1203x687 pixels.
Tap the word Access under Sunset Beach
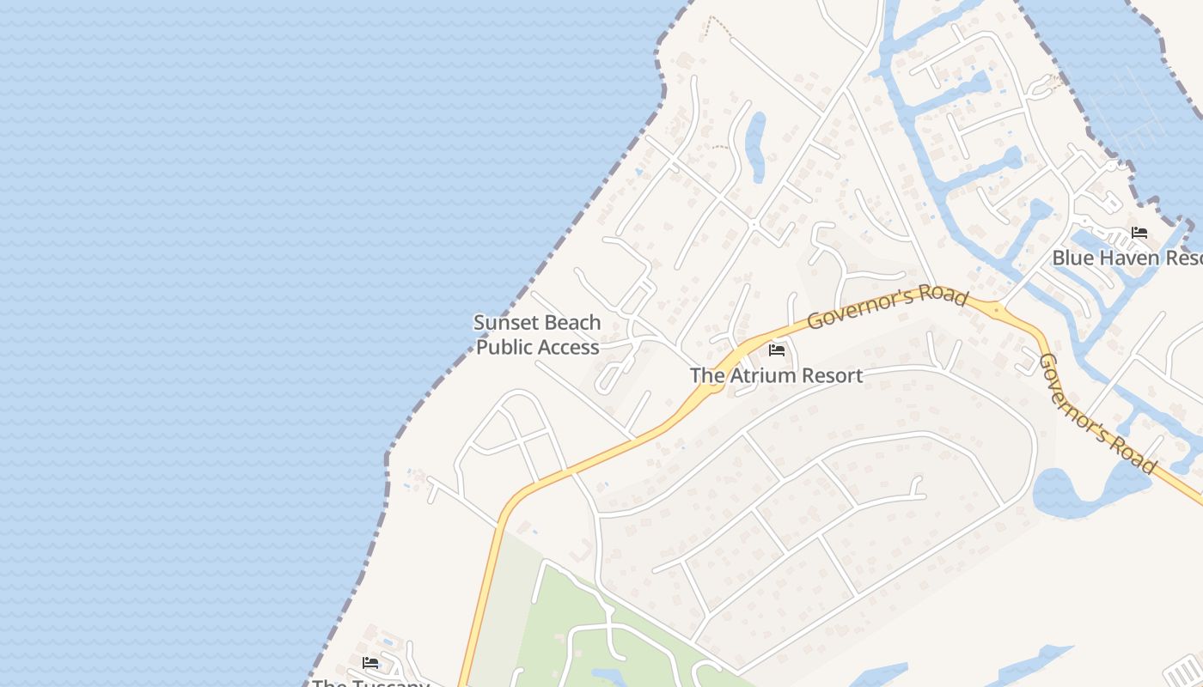pyautogui.click(x=564, y=347)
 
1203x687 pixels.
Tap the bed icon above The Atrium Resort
pyautogui.click(x=777, y=350)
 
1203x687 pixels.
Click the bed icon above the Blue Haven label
pyautogui.click(x=1139, y=233)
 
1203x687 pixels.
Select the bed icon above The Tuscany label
pyautogui.click(x=370, y=663)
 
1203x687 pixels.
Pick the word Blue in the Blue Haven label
pyautogui.click(x=1072, y=258)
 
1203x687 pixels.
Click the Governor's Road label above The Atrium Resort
pyautogui.click(x=887, y=308)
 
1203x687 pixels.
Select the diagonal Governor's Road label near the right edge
pyautogui.click(x=1097, y=414)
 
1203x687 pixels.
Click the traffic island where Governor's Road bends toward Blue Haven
pyautogui.click(x=996, y=309)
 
